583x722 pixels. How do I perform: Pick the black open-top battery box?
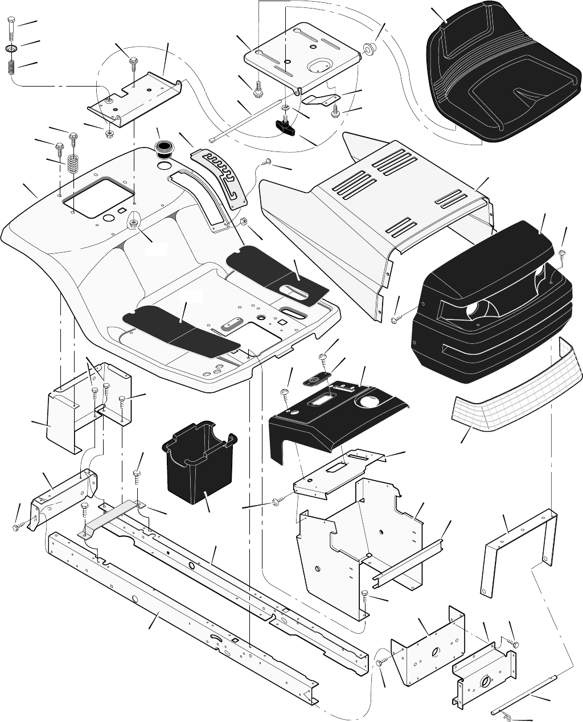(x=196, y=461)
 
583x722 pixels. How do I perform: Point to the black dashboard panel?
(x=336, y=416)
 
